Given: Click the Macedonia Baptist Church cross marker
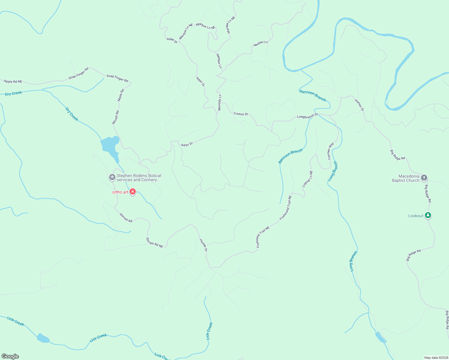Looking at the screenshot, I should coord(424,178).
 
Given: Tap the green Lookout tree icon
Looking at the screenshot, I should coord(428,215).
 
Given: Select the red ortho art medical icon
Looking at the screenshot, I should coord(133,192).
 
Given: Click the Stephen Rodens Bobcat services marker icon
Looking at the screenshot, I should coord(112,178).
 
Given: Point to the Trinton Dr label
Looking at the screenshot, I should coord(241,114).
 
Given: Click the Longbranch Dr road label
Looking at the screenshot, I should coord(307,116).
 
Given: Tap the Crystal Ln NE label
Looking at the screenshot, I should coord(308,179).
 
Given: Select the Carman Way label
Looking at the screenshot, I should coord(330,151).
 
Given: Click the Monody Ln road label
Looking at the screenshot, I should coord(219,103).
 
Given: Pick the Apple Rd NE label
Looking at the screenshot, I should coord(13,81).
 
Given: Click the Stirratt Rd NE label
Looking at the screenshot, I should coord(154,242).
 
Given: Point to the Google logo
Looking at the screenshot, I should coord(10,356).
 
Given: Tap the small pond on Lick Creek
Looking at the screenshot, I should coord(43,338).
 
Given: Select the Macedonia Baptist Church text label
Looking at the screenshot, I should coord(405,178).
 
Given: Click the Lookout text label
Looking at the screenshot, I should coord(416,216).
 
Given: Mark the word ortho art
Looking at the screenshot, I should coord(120,192).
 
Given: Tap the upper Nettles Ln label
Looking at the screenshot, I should coord(261,43).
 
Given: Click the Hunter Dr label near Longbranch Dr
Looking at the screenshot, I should coord(359,105).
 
